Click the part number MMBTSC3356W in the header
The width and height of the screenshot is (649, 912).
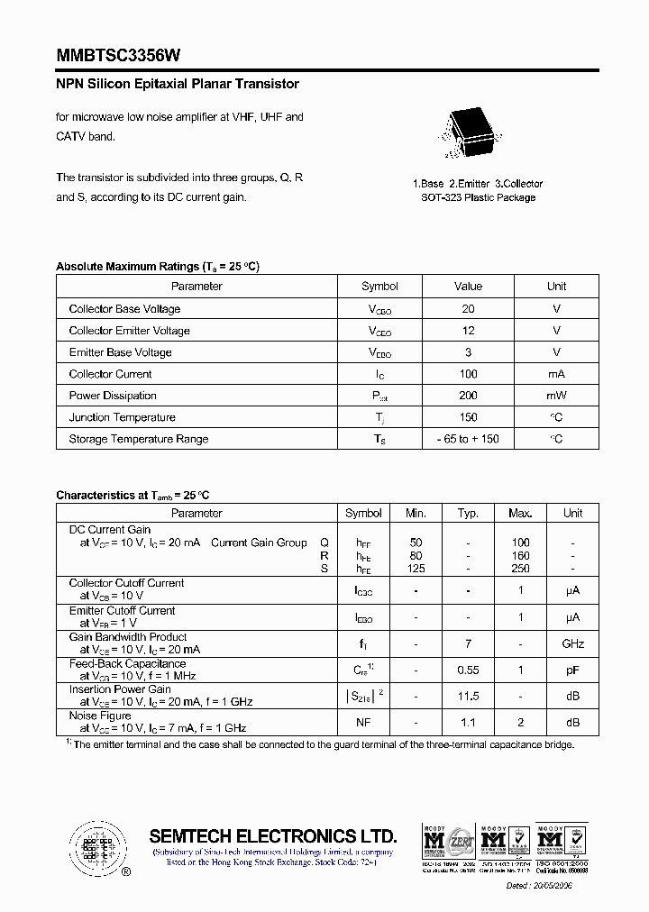coord(118,56)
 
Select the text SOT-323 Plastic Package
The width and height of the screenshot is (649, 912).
coord(478,197)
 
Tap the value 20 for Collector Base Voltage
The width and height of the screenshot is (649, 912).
coord(468,309)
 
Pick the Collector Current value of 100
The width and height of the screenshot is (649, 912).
coord(468,374)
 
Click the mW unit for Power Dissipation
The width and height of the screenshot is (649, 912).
coord(556,396)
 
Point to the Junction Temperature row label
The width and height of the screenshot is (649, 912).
coord(122,417)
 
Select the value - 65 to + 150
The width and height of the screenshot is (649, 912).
coord(468,439)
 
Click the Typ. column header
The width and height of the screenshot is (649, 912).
coord(468,513)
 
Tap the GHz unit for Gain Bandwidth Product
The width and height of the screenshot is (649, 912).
coord(572,643)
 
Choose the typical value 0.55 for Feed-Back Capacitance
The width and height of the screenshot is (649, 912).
coord(468,670)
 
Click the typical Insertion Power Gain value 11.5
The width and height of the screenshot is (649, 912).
coord(468,697)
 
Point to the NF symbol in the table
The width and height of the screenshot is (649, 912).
coord(363,723)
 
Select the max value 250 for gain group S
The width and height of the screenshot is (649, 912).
coord(520,569)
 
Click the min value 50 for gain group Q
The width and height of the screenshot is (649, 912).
coord(416,543)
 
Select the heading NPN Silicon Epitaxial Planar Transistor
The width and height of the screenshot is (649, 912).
coord(178,84)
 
